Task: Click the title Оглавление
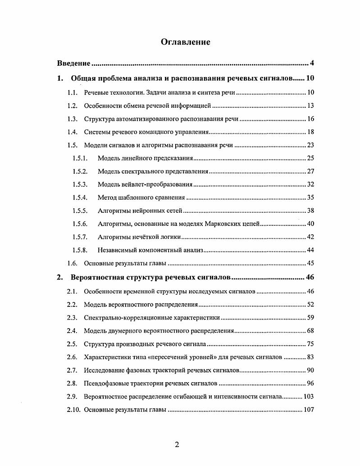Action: point(186,42)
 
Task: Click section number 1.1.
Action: point(73,93)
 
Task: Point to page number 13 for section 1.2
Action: point(310,106)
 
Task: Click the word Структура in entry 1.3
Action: point(99,119)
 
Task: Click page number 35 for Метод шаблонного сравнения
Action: point(310,197)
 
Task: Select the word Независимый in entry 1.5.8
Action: point(117,250)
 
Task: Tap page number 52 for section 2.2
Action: point(310,305)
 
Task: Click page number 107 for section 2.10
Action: point(309,410)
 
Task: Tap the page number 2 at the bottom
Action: point(177,445)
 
